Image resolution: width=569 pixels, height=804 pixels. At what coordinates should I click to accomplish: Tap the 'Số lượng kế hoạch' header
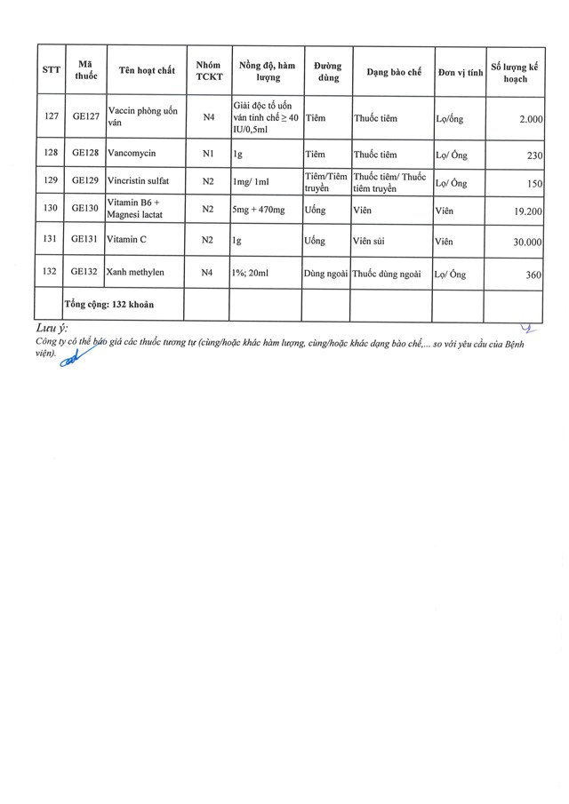[515, 72]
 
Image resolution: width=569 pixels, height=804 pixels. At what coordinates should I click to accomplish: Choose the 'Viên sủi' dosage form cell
[374, 241]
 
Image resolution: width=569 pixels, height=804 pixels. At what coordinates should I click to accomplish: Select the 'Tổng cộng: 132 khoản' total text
[109, 304]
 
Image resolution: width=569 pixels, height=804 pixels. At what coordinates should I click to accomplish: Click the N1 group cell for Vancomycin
[208, 153]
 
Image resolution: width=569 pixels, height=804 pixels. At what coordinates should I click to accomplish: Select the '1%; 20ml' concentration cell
[255, 274]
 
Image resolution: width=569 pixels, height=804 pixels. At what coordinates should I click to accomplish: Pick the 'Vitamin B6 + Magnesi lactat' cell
[137, 211]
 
